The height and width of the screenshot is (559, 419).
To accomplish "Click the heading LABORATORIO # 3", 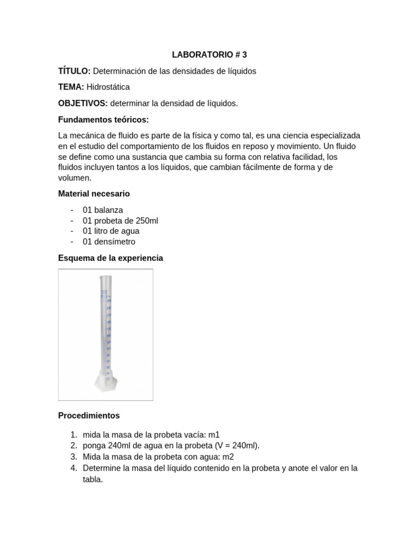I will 209,55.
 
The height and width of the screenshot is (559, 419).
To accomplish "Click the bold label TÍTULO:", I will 74,71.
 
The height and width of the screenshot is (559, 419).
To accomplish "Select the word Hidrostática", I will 108,87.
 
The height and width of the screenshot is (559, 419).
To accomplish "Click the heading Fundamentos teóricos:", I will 103,120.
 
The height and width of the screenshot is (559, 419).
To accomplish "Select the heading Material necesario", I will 94,194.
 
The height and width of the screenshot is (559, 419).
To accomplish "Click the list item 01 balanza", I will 103,210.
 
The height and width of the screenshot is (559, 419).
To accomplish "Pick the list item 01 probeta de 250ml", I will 120,221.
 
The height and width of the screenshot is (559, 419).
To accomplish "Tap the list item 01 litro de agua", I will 111,231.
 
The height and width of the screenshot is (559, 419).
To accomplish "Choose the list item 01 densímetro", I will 109,241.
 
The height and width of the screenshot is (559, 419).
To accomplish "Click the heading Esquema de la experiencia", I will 110,258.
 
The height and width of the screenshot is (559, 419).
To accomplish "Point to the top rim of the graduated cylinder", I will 105,277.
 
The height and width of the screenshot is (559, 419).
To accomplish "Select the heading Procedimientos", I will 88,415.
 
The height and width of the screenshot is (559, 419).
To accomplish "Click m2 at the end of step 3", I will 235,456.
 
